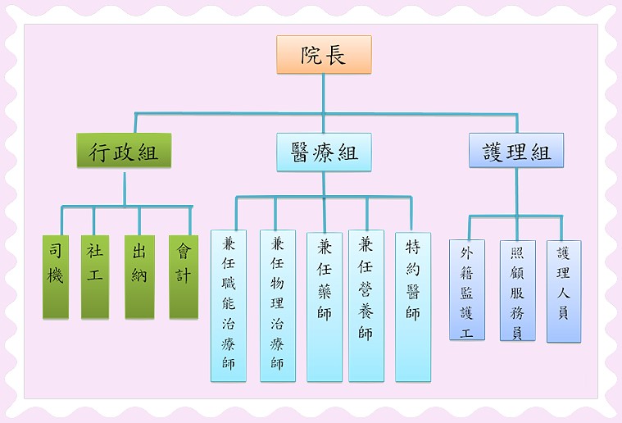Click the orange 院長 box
click(x=324, y=55)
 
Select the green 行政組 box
click(x=124, y=151)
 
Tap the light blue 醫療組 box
click(x=324, y=152)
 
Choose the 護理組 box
click(x=516, y=151)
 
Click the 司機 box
click(x=56, y=276)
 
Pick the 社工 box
click(x=95, y=276)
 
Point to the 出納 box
click(x=139, y=276)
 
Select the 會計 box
click(x=184, y=276)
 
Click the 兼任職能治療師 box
click(x=229, y=305)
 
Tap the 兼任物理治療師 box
click(x=278, y=305)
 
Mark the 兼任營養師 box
click(x=366, y=305)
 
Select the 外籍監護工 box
click(x=467, y=289)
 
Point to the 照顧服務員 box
click(x=517, y=290)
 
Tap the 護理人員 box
click(x=564, y=290)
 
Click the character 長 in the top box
click(x=336, y=55)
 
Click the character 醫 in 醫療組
click(x=301, y=152)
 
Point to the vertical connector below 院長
click(x=324, y=92)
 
